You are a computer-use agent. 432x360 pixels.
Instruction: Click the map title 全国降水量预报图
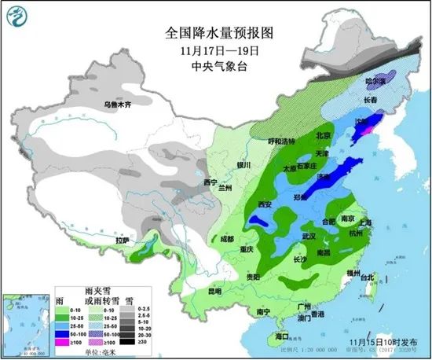[218, 34]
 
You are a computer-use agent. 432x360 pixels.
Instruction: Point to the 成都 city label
[227, 238]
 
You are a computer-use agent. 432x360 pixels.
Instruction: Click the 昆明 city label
[214, 292]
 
